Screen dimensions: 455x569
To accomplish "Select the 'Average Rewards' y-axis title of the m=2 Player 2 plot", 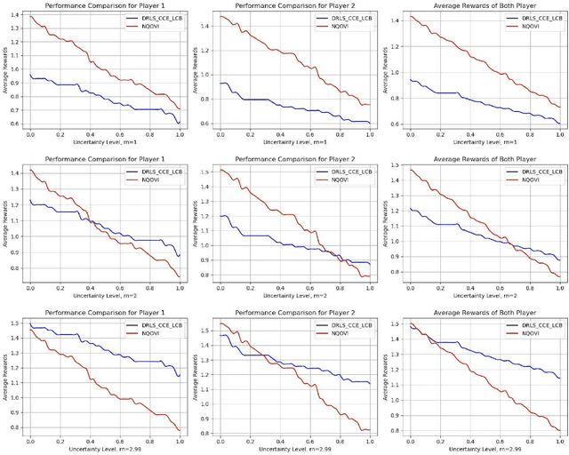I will (198, 223).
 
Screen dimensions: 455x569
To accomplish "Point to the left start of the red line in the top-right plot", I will (409, 16).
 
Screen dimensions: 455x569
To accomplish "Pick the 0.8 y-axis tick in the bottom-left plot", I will (16, 427).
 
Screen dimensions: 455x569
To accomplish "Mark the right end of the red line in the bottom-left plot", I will (180, 430).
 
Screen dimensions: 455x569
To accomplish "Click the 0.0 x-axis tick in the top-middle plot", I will (219, 132).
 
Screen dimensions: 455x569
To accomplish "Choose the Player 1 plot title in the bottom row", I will (103, 313).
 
